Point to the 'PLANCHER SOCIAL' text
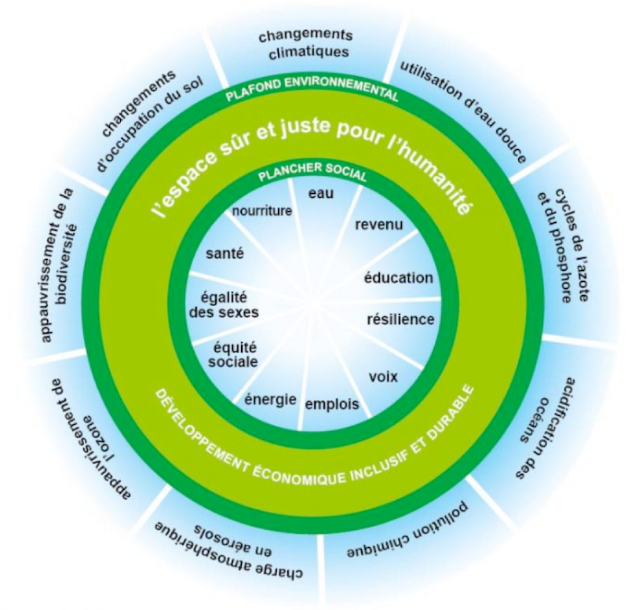312,174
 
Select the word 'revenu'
379,225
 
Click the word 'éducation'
399,278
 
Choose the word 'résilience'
401,320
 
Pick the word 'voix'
383,377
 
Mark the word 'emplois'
331,405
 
